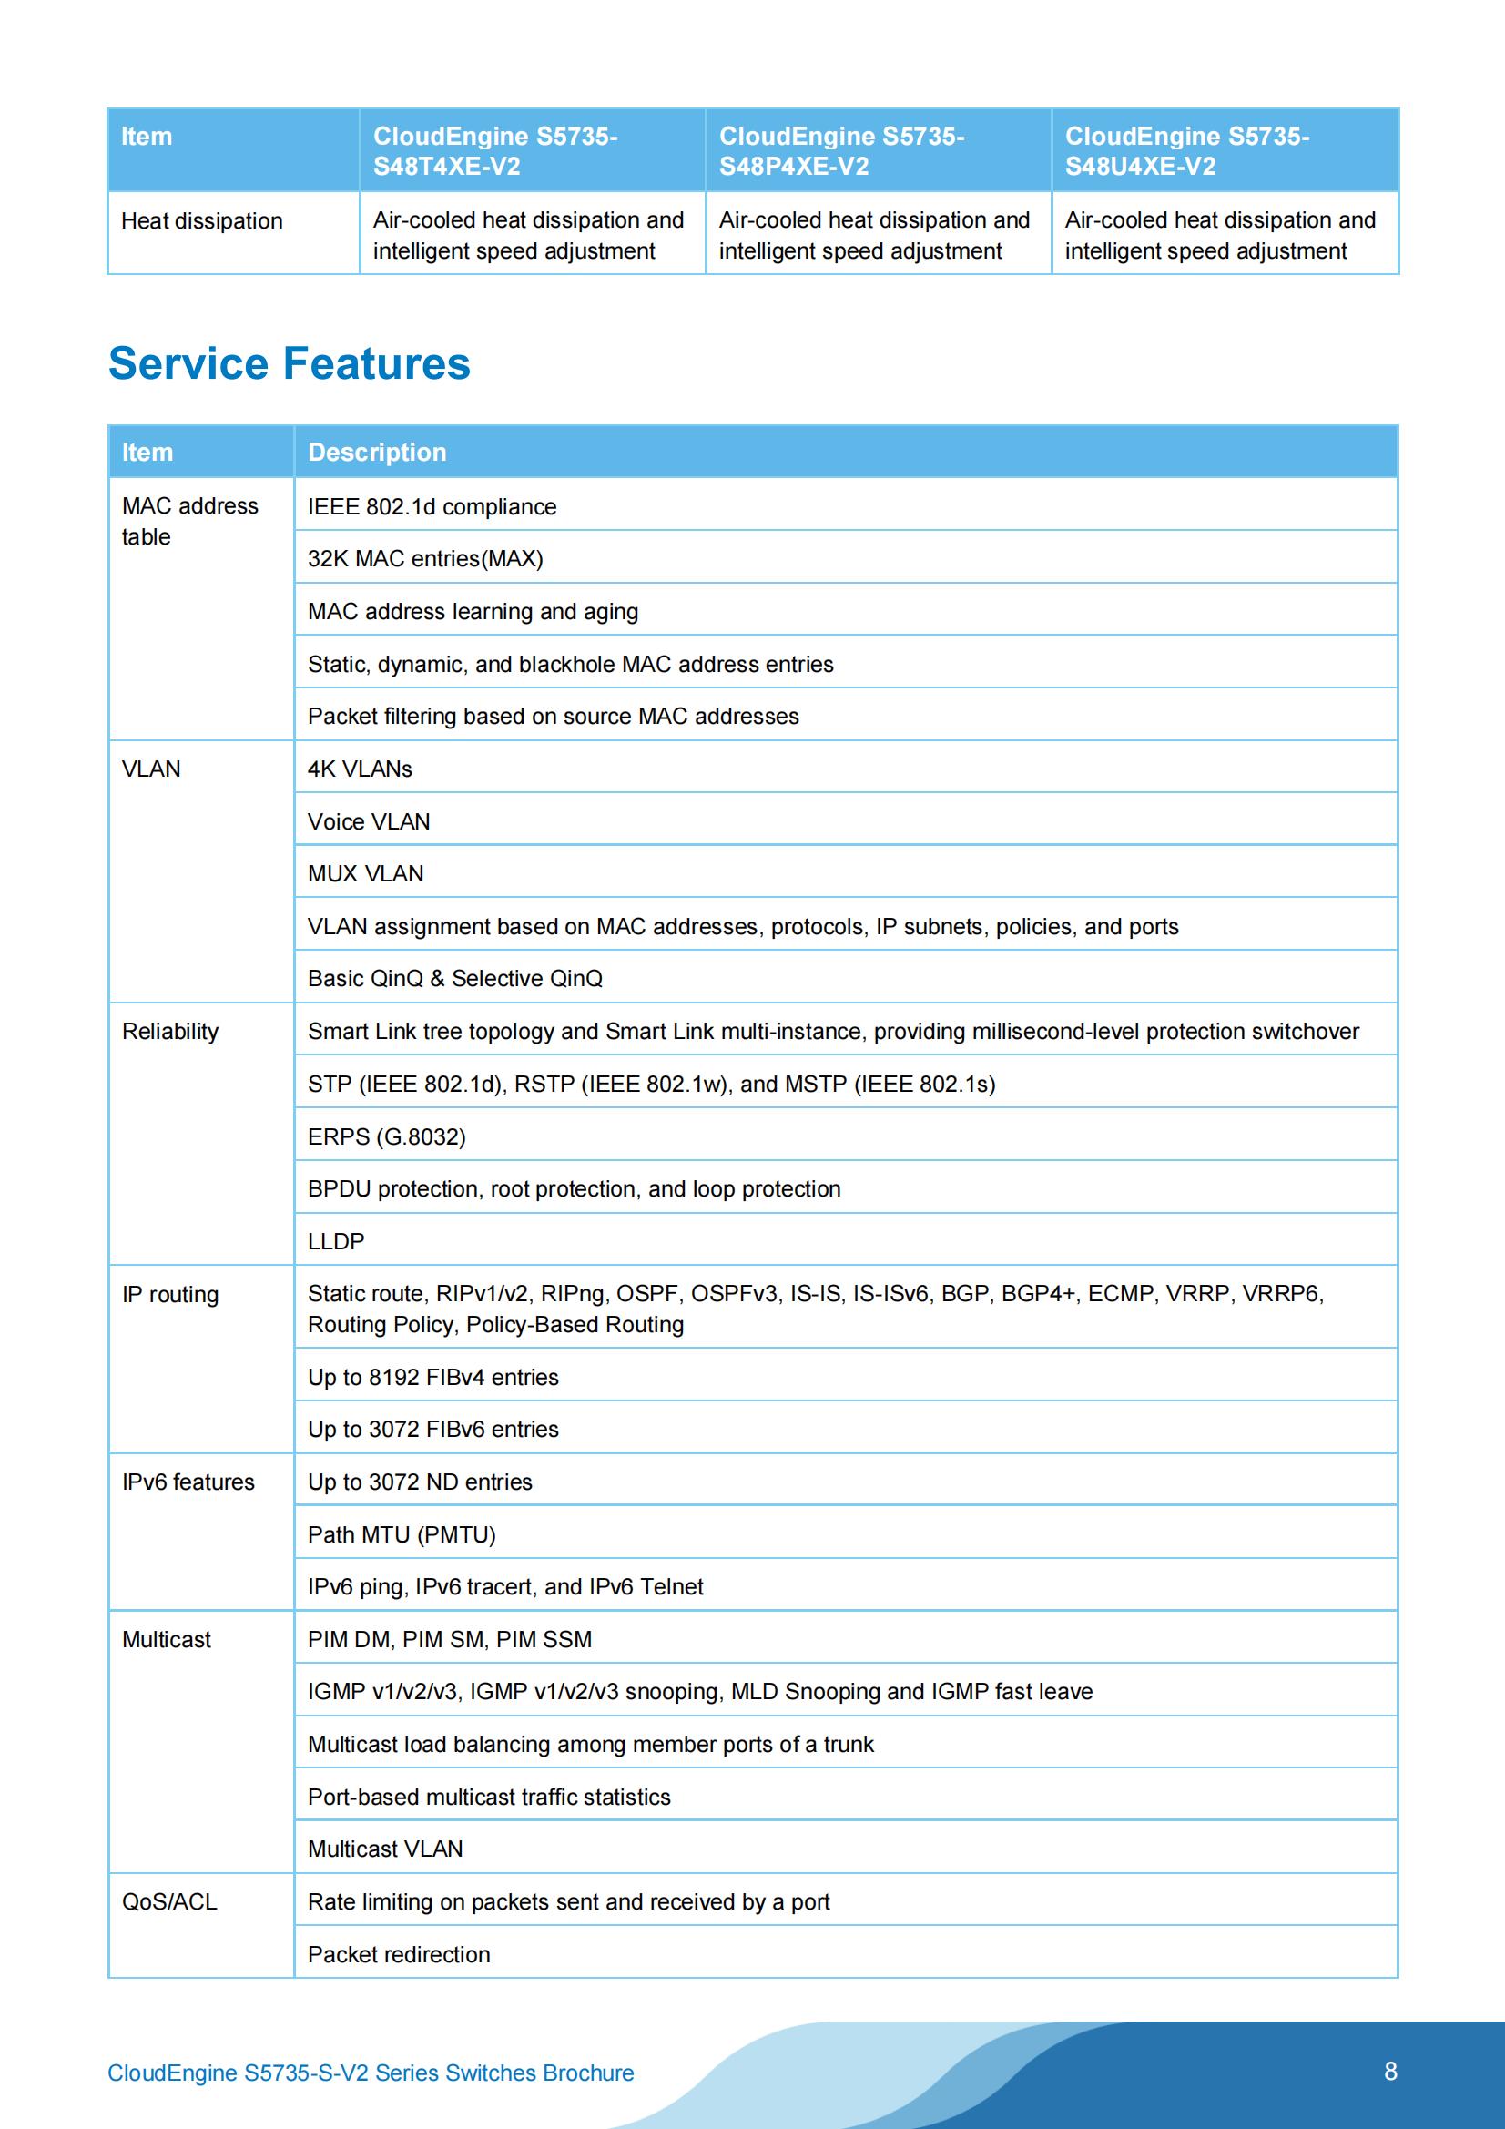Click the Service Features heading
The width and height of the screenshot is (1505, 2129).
point(290,362)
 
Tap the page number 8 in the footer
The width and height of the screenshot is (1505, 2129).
point(1390,2071)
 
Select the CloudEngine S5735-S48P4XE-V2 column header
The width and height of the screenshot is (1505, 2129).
point(841,151)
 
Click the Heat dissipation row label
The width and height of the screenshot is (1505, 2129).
point(202,220)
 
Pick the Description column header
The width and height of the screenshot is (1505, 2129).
point(377,452)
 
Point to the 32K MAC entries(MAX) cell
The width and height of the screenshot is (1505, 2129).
point(425,558)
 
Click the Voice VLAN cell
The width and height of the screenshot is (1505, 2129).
point(369,821)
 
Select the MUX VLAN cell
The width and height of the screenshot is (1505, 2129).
point(365,873)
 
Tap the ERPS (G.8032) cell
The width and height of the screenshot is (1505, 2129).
point(387,1136)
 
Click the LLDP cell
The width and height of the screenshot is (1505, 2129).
point(336,1240)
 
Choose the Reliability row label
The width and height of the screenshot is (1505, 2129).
point(170,1031)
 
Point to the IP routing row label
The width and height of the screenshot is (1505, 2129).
point(170,1294)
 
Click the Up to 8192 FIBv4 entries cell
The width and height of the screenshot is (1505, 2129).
point(433,1377)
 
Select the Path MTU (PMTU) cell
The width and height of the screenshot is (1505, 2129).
point(402,1534)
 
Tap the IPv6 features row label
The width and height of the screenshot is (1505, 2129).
point(188,1482)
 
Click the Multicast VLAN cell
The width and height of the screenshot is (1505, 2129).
point(385,1849)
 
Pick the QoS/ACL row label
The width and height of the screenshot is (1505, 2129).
point(169,1902)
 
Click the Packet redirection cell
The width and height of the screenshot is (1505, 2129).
point(399,1955)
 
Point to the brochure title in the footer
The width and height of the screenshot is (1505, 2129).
point(371,2073)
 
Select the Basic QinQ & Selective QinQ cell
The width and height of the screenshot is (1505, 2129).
point(455,978)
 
